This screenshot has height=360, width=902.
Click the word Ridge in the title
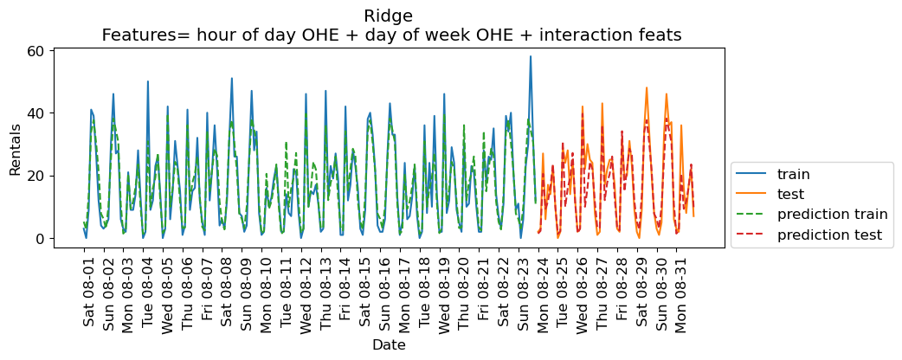click(x=389, y=16)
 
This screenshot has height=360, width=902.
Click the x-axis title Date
click(x=389, y=344)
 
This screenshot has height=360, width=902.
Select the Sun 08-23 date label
click(x=524, y=294)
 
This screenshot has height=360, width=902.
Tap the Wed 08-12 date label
click(x=306, y=294)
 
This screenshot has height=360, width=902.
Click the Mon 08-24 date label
click(x=544, y=294)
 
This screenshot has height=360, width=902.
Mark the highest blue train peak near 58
click(x=531, y=57)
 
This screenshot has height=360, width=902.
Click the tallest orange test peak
click(x=647, y=87)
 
